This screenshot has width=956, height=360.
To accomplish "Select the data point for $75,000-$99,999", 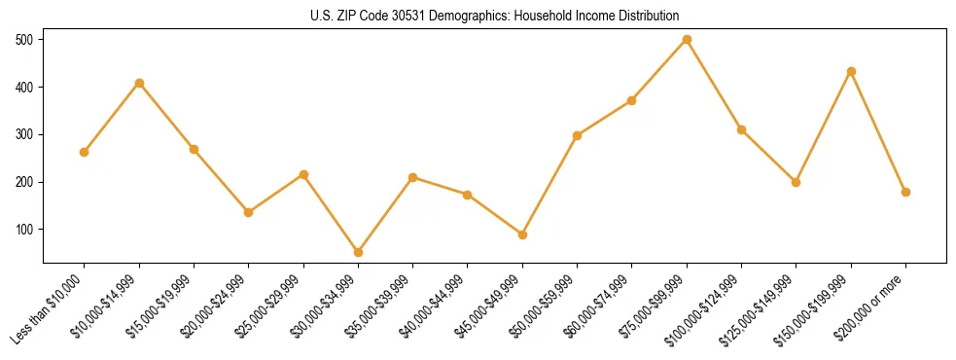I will coord(687,40).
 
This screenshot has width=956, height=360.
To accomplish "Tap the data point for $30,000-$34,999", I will coord(358,252).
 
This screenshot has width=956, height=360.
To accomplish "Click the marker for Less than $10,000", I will coord(84,152).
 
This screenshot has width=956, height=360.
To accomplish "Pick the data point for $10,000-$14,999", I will coord(139,83).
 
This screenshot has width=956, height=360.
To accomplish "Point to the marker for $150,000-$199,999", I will coord(851,71).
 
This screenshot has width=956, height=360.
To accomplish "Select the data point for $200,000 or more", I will coord(905,192).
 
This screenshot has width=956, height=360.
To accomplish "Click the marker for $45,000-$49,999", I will coord(522,234).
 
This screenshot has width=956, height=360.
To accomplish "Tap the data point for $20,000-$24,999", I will coord(248,212).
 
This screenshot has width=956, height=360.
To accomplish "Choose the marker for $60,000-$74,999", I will coord(632,100).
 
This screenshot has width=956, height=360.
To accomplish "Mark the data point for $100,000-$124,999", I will coord(741,129).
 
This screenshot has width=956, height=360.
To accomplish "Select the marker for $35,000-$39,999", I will coord(412,177).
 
